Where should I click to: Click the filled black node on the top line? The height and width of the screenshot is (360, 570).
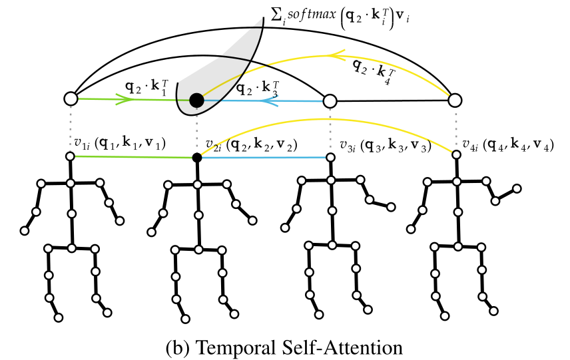tap(196, 100)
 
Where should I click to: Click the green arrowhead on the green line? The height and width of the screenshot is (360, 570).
tap(124, 100)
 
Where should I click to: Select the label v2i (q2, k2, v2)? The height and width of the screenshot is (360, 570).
tap(251, 144)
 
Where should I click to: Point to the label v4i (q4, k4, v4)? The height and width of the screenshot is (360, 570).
tap(509, 143)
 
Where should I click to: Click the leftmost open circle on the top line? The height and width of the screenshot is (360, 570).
tap(71, 99)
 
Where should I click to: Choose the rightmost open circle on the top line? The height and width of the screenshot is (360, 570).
tap(455, 100)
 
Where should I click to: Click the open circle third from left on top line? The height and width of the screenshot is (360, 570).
tap(328, 100)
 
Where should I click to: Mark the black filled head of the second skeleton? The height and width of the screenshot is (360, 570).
tap(196, 158)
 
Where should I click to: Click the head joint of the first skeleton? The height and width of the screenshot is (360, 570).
tap(71, 156)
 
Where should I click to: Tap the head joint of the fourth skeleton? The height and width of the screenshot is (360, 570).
tap(456, 154)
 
